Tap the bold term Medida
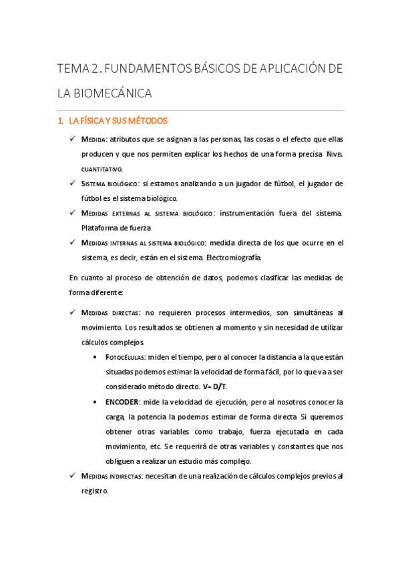(93, 139)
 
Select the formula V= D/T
(212, 386)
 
